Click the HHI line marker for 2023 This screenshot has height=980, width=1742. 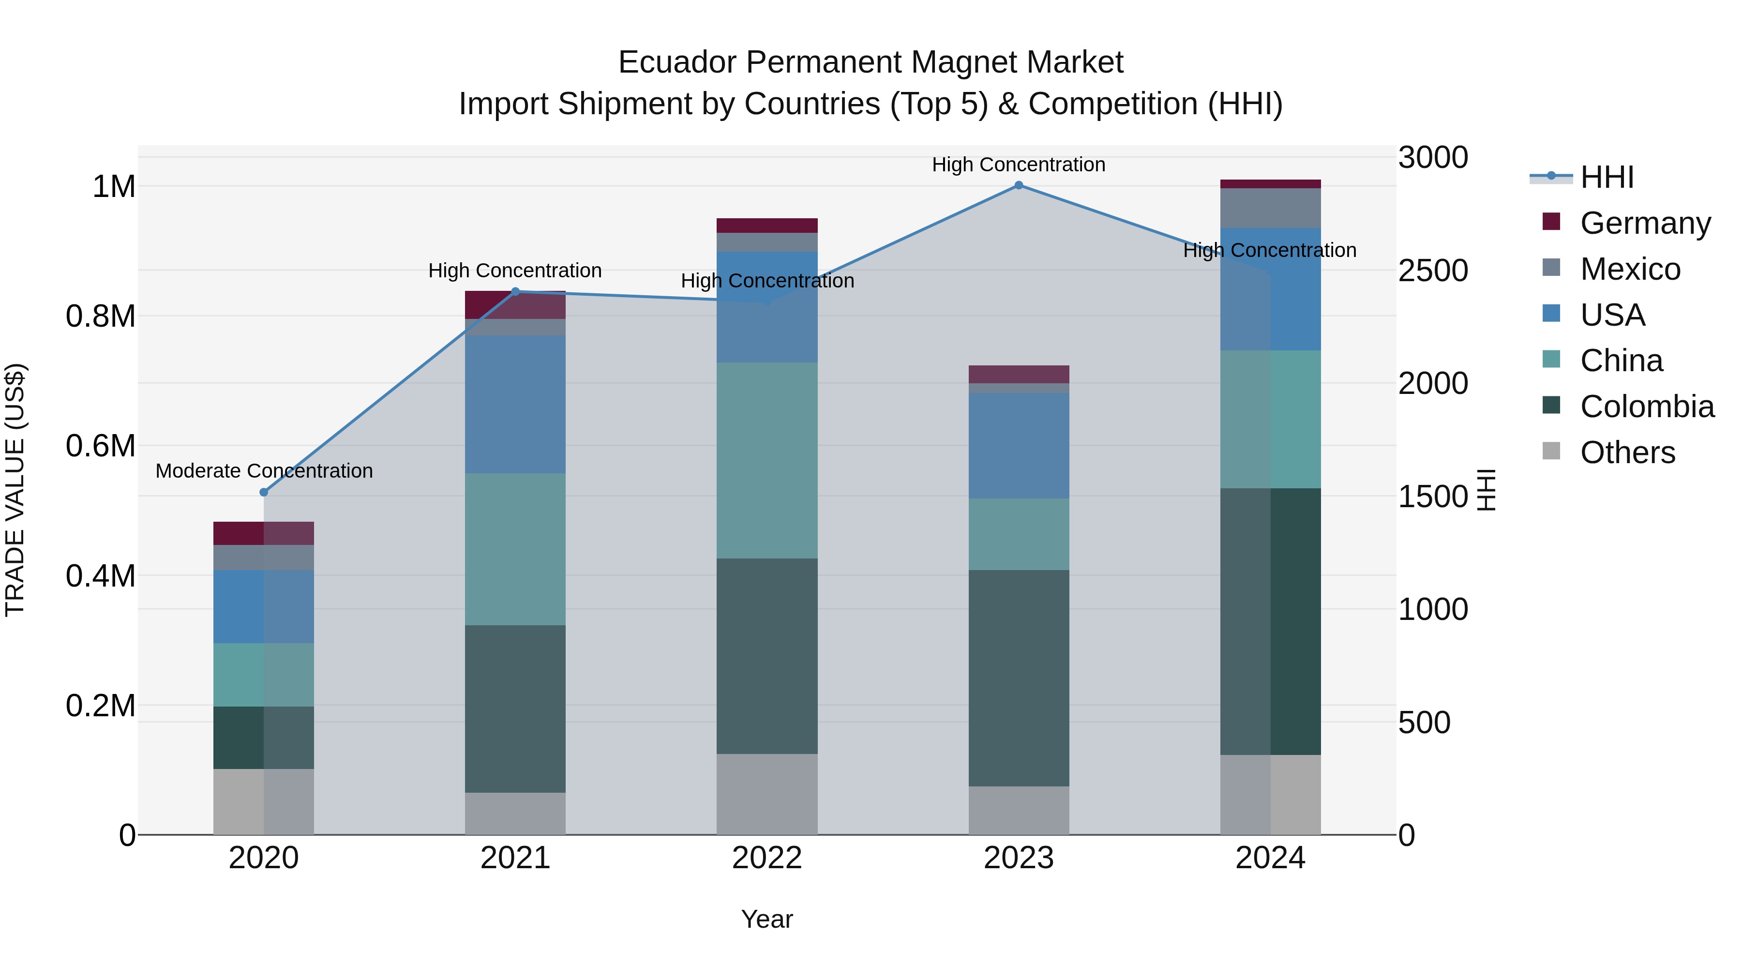1019,185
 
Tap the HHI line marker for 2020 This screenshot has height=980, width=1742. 264,492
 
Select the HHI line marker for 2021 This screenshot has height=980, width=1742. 515,291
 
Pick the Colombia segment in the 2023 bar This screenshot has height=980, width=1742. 1019,678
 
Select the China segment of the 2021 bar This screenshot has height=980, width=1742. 515,549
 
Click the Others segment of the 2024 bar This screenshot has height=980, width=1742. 1270,795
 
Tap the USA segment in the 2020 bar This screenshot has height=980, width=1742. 264,607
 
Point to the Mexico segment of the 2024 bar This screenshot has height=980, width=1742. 1270,208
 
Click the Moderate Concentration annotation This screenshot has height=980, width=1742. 264,471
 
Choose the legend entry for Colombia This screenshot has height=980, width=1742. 1646,407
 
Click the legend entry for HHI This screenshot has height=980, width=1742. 1607,177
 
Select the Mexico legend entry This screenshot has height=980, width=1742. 1630,269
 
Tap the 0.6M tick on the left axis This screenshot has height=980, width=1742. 100,446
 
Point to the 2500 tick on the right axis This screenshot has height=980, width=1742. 1432,271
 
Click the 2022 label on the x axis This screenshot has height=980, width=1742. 767,858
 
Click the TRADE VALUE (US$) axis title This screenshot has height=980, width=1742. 15,490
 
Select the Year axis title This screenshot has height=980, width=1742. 767,919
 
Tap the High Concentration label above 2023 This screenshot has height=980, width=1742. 1019,165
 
